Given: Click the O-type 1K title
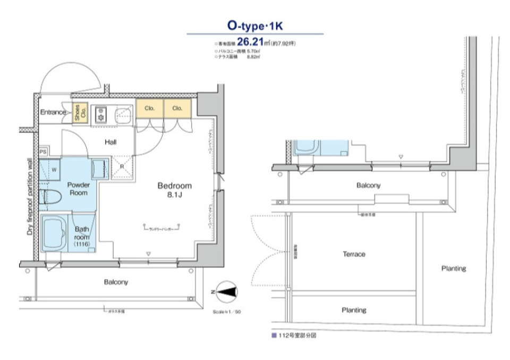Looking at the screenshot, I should (x=255, y=25).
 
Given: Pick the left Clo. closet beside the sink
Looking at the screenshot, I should (x=149, y=108).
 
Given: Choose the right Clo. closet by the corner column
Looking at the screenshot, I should (x=177, y=108).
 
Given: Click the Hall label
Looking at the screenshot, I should (x=110, y=142).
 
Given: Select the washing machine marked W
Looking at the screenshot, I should (x=52, y=170).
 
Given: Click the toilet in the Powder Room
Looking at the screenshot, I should (x=49, y=196).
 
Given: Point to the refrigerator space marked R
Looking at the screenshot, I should (x=121, y=166).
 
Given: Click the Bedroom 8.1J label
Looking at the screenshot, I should (x=174, y=190).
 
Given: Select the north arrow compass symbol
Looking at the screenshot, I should (x=227, y=292).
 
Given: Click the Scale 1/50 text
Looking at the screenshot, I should (x=227, y=312).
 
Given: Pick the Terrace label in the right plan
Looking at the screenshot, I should (x=354, y=254).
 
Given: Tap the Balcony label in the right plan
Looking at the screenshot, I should (x=368, y=186).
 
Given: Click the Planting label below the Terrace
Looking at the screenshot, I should (x=354, y=310).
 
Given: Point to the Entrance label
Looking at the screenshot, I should (x=53, y=112).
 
